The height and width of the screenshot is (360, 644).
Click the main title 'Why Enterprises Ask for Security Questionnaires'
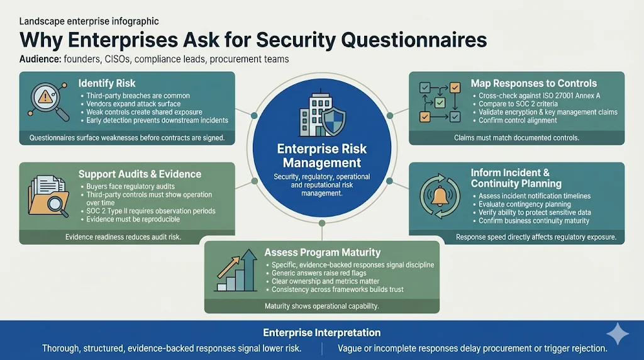click(253, 40)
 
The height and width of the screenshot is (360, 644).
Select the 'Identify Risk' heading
click(107, 83)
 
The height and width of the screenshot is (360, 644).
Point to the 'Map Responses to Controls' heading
click(533, 83)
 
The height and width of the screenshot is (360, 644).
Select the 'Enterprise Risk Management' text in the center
click(321, 156)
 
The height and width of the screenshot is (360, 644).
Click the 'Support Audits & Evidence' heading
click(140, 174)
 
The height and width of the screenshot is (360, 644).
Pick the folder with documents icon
click(47, 196)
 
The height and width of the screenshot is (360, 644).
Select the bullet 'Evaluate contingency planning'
click(525, 205)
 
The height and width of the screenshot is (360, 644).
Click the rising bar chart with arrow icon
click(236, 273)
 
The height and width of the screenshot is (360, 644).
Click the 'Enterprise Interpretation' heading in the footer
click(321, 332)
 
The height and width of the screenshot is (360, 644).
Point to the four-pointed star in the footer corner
click(618, 334)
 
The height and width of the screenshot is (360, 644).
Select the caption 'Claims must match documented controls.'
click(516, 137)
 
